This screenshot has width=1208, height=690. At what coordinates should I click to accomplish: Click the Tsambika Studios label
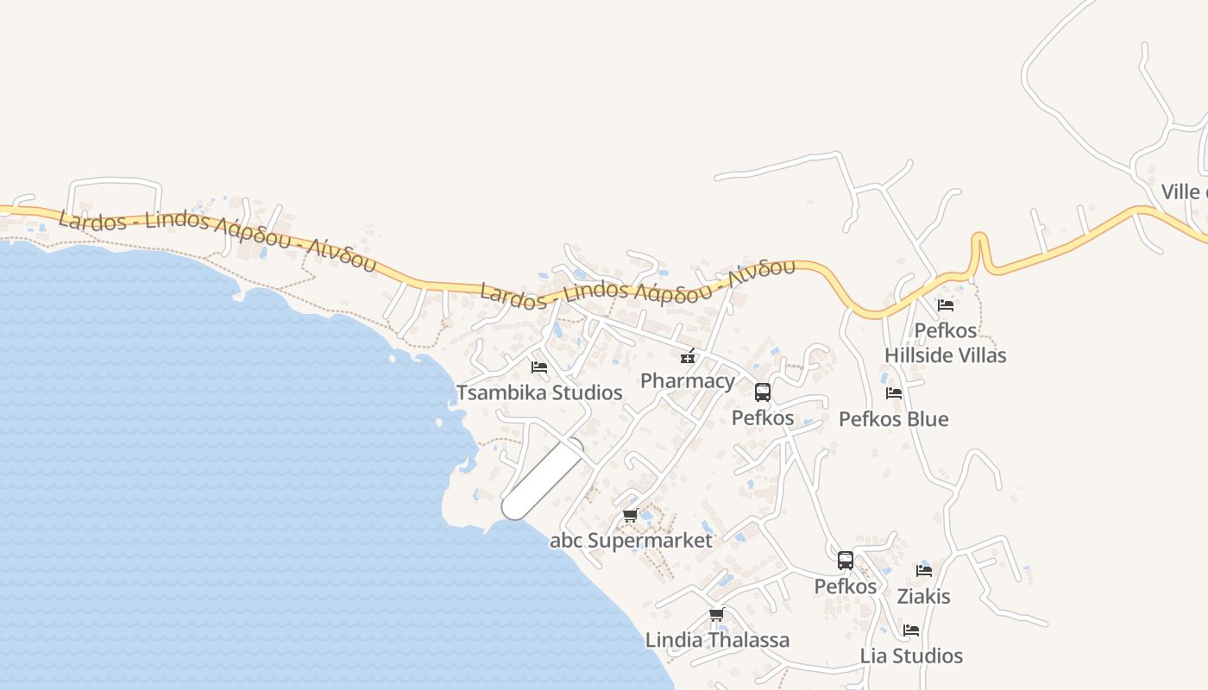539,392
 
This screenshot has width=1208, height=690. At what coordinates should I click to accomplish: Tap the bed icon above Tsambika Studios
539,367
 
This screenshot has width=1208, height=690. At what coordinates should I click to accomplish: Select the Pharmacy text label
688,380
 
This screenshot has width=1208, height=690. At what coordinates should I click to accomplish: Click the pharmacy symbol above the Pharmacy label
688,355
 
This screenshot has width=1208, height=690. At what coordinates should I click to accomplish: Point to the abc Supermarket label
631,541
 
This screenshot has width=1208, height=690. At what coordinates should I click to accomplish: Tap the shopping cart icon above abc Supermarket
630,516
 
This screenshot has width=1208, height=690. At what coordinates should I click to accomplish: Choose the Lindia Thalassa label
717,640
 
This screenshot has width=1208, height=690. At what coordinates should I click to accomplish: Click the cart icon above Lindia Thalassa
716,615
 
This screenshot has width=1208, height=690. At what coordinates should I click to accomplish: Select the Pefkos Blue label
893,419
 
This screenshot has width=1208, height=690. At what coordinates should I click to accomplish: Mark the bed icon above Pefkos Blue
894,393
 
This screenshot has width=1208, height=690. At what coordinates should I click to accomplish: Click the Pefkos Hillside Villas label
946,342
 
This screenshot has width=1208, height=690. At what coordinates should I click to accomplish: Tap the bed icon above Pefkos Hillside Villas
946,305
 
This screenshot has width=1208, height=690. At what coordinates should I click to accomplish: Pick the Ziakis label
923,596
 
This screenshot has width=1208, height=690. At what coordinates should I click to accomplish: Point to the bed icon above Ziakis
924,571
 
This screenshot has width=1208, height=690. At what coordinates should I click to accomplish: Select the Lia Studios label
911,655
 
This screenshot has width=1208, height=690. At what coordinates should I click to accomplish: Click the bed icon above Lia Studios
911,630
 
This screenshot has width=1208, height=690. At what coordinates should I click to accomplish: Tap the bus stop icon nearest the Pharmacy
763,392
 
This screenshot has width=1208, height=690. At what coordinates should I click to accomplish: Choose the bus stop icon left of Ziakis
846,561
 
